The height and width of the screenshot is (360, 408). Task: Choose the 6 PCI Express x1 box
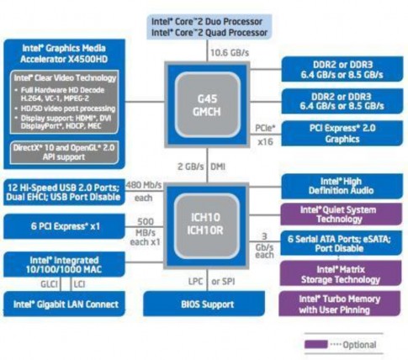[61, 225]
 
